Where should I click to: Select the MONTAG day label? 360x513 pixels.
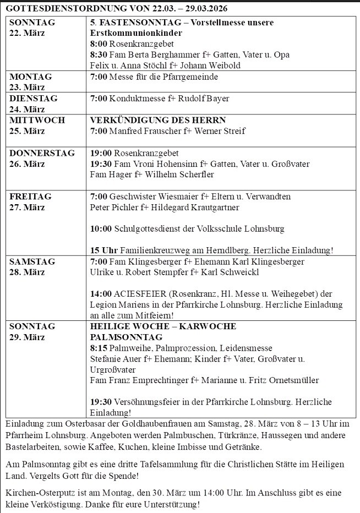(x=30, y=77)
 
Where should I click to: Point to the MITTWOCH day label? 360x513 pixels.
(x=37, y=120)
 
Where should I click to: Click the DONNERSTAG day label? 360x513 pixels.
(x=42, y=153)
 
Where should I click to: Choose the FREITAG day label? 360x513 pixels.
(x=30, y=197)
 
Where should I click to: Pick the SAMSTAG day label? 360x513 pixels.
(x=31, y=261)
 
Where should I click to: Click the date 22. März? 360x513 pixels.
(x=27, y=32)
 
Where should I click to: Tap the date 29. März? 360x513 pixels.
(x=27, y=337)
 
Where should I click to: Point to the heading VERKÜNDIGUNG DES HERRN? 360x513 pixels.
(x=158, y=120)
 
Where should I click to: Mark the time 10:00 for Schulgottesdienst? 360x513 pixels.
(x=101, y=229)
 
